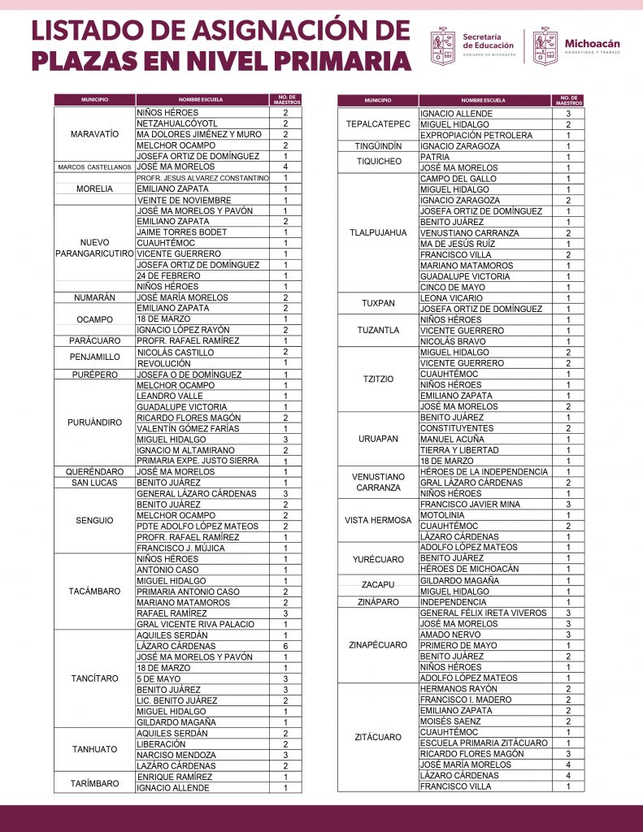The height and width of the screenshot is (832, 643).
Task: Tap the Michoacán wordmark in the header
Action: (x=593, y=42)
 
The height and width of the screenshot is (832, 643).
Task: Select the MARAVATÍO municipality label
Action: (x=94, y=133)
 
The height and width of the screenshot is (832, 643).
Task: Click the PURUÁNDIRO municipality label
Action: (x=94, y=422)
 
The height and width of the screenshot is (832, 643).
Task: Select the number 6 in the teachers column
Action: (x=285, y=646)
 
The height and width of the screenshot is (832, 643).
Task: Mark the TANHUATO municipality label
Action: (x=94, y=749)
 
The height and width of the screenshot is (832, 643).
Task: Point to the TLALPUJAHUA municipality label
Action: (x=377, y=232)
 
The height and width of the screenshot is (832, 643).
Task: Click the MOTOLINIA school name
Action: (x=442, y=515)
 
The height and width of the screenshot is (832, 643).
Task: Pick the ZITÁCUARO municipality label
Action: (x=377, y=737)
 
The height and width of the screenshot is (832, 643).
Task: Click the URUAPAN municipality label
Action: (x=377, y=439)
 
